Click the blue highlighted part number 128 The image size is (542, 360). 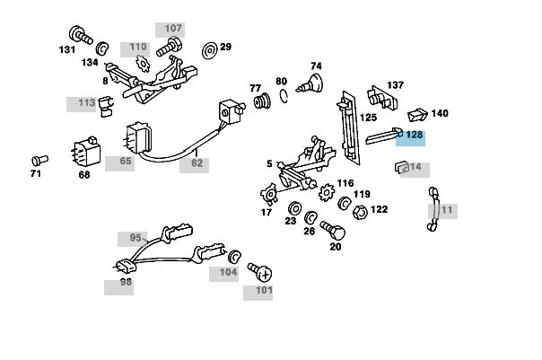(414, 136)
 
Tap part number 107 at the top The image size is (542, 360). (173, 29)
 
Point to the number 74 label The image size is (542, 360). (316, 66)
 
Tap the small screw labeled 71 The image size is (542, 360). (39, 160)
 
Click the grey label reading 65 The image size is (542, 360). (125, 162)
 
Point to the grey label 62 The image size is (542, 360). (197, 164)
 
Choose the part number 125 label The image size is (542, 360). (368, 118)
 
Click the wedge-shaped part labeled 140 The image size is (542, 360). (416, 114)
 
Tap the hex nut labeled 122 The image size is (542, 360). (356, 212)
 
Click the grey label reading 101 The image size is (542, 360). (264, 291)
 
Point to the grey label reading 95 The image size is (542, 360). (135, 239)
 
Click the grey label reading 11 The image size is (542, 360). (447, 211)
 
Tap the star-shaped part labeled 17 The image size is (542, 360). (267, 194)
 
